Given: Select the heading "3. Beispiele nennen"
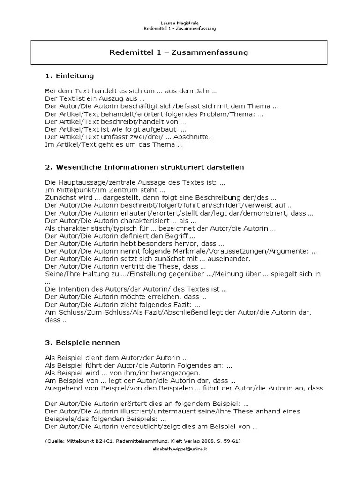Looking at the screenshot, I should [x=82, y=342].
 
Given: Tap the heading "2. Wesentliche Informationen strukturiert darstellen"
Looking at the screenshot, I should [x=144, y=167].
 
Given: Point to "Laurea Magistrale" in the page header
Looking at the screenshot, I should [x=180, y=22].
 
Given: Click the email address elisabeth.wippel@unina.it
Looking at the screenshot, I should [x=180, y=449].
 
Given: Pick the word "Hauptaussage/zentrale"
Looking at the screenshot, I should [x=97, y=183].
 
